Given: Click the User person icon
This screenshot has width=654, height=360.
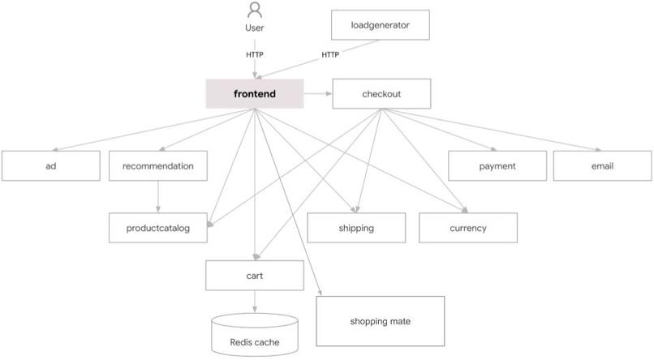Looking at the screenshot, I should tap(255, 11).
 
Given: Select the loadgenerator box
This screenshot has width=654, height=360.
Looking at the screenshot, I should tap(380, 25).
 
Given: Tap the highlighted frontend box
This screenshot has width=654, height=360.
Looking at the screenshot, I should tap(254, 94).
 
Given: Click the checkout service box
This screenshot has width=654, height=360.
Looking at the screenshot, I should tap(381, 94).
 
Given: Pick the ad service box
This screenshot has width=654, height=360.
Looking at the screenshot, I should tap(50, 166).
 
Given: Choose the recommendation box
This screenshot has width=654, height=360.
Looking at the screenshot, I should tap(157, 166).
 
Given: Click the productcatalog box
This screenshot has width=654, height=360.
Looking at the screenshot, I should tap(157, 228).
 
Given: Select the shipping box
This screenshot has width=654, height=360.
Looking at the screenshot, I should tap(355, 228).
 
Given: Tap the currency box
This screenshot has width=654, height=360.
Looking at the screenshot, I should tap(467, 228).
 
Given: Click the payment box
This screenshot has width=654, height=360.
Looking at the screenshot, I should tap(497, 166).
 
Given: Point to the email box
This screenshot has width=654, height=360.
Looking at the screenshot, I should tap(602, 166).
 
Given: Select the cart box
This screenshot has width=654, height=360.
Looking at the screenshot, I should tap(255, 276).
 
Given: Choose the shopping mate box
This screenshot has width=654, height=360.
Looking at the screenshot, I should tap(380, 322).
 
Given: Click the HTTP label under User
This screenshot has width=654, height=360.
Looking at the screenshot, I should tap(255, 55).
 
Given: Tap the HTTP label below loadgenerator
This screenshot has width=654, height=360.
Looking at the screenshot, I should tap(330, 55).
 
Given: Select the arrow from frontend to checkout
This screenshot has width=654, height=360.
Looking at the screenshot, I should tap(317, 94).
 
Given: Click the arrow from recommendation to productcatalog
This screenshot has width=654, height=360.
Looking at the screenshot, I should tap(157, 197).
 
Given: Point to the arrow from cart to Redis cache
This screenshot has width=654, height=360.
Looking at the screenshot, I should tap(255, 302).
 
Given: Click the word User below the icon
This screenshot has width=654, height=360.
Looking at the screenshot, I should tap(255, 28).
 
